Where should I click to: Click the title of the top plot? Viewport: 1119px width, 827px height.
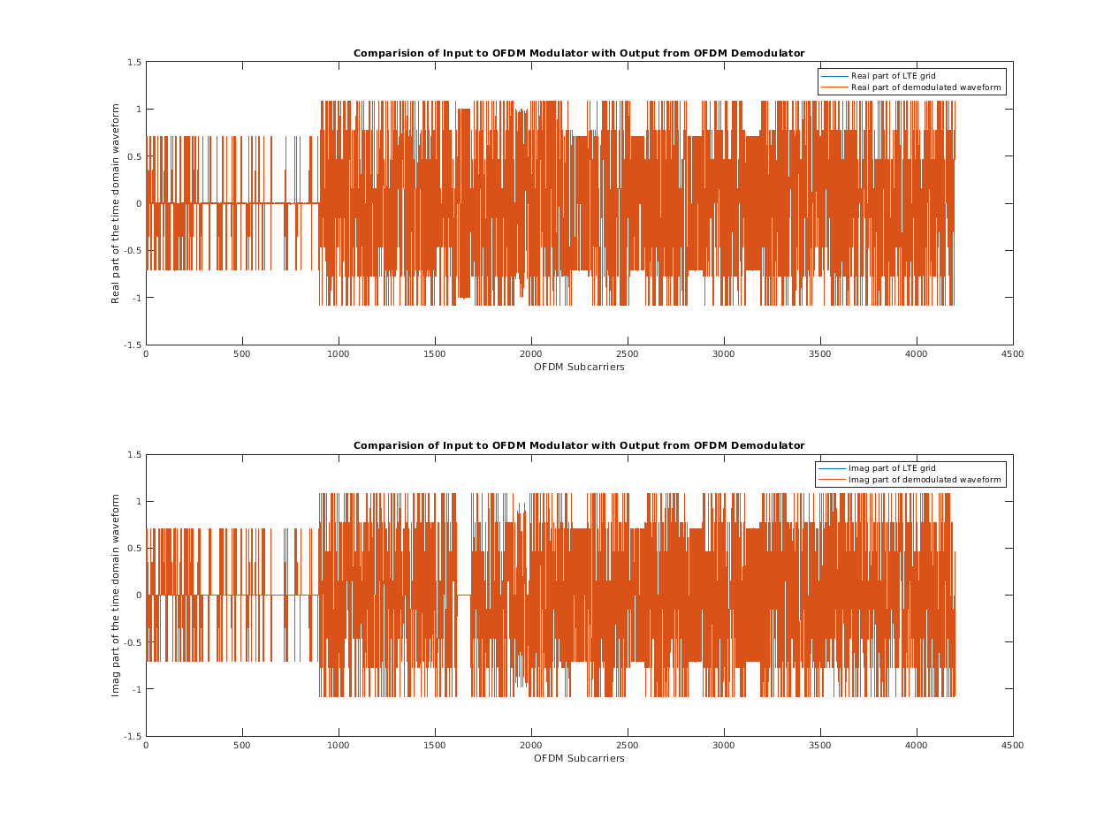tap(579, 53)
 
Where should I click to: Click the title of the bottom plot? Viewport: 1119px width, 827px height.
tap(579, 445)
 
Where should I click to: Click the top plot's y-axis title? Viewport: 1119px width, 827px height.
tap(116, 203)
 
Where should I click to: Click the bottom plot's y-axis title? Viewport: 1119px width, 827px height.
tap(116, 595)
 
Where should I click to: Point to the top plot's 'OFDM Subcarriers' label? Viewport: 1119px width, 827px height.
tap(579, 368)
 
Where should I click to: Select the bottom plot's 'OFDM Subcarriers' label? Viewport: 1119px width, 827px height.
tap(579, 759)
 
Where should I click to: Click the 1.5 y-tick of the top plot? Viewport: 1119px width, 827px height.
tap(134, 62)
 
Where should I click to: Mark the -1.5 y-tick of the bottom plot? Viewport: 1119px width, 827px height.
tap(133, 736)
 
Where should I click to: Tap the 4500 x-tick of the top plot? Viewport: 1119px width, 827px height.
tap(1012, 354)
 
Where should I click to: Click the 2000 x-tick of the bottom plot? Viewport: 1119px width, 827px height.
tap(531, 746)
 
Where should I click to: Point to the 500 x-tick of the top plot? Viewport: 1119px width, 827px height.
tap(242, 354)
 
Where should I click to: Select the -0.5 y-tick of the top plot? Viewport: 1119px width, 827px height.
tap(133, 250)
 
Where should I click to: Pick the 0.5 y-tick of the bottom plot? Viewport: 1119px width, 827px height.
tap(134, 548)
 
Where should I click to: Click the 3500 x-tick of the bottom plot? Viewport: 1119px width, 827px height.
tap(820, 746)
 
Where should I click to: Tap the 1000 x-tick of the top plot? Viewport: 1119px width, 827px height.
tap(339, 354)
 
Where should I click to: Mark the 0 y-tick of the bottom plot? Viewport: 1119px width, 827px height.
tap(139, 595)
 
